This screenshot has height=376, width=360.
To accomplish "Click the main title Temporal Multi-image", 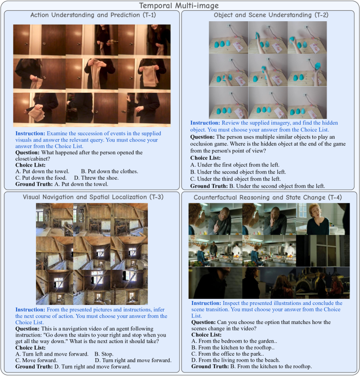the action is coord(179,5).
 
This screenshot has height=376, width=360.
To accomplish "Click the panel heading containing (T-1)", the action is coord(93,15).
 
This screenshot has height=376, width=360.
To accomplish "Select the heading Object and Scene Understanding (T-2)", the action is coord(271,15).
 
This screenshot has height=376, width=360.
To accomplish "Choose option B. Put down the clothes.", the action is coord(109,172).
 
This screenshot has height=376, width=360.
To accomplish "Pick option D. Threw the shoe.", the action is coord(96,178).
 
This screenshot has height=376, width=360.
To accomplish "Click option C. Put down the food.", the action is coord(41,178).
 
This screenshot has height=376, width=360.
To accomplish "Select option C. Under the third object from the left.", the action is coord(236,179).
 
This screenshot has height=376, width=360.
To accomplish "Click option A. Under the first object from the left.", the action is coord(235,165).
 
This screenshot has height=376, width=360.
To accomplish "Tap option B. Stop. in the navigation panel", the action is coord(104,354).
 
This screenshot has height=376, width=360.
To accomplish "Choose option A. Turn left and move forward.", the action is coord(52,354).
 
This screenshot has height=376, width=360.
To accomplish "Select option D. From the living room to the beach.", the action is coord(236,360).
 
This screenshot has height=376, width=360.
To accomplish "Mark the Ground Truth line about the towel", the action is coord(62,184).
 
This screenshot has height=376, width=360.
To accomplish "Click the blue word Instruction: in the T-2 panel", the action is coord(205,123).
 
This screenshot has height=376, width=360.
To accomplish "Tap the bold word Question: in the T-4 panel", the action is coord(203,322).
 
